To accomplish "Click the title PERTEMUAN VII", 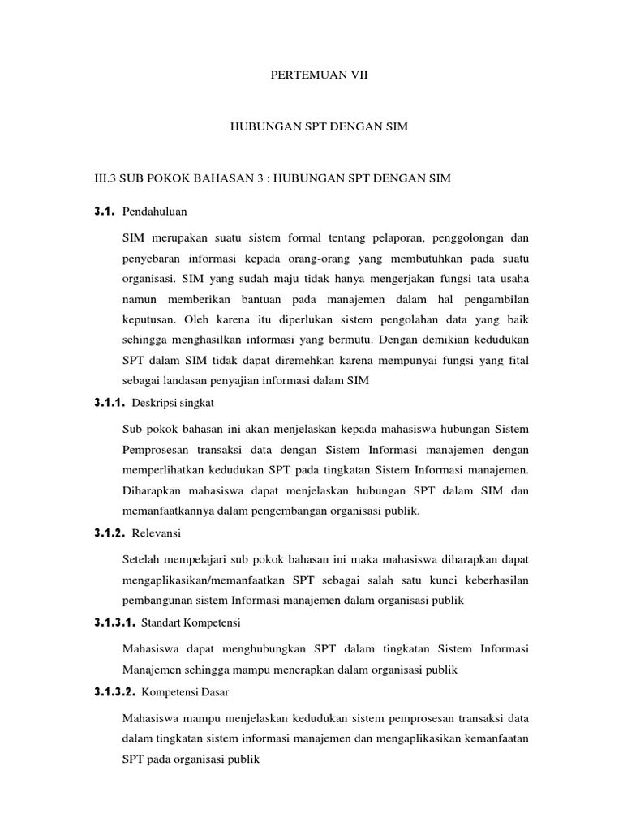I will tap(312, 74).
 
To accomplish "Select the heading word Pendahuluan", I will tap(154, 212).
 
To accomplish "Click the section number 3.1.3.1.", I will tap(114, 623).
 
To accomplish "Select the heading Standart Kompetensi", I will tap(191, 623).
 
